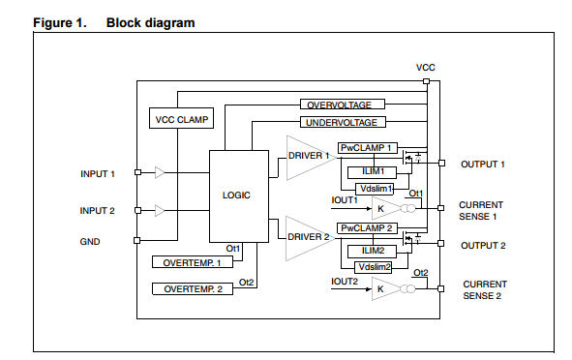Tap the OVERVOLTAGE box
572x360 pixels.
pyautogui.click(x=342, y=105)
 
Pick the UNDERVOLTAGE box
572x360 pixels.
pyautogui.click(x=342, y=122)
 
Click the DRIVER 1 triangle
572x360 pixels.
pyautogui.click(x=306, y=156)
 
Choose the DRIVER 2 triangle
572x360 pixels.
pyautogui.click(x=306, y=236)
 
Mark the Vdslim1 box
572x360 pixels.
pyautogui.click(x=376, y=188)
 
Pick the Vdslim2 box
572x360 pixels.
pyautogui.click(x=376, y=266)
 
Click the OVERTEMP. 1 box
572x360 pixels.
pyautogui.click(x=193, y=261)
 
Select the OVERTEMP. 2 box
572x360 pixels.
pyautogui.click(x=193, y=289)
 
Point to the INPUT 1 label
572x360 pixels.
pyautogui.click(x=98, y=174)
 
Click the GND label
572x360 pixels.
pyautogui.click(x=90, y=241)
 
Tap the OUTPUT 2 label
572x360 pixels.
pyautogui.click(x=482, y=245)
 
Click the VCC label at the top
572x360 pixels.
pyautogui.click(x=425, y=67)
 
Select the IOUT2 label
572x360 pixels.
pyautogui.click(x=345, y=281)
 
